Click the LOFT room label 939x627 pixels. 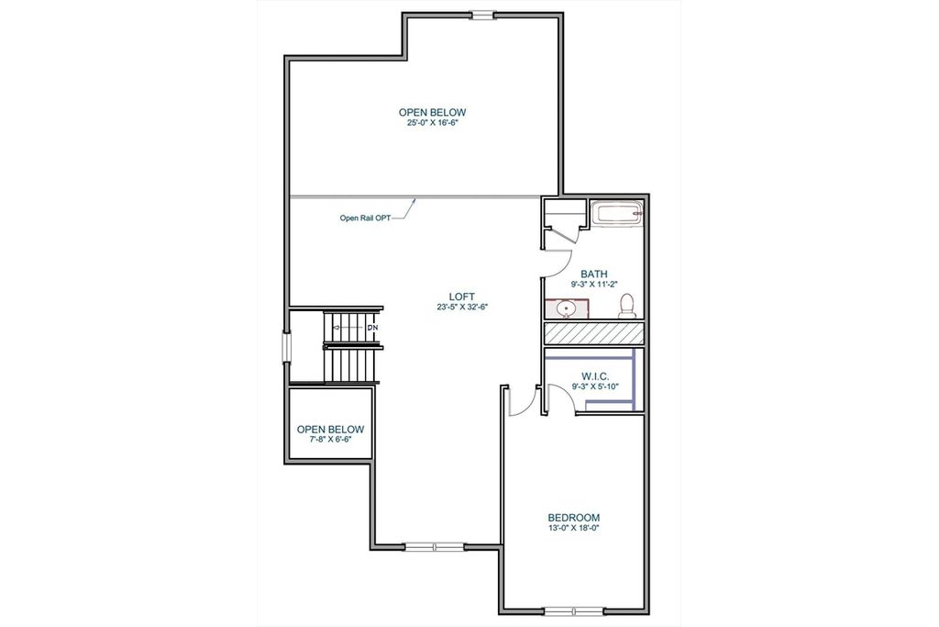(462, 297)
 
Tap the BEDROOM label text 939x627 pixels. (574, 518)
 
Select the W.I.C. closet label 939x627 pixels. (594, 376)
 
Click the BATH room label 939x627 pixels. (594, 274)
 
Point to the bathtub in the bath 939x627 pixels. (617, 214)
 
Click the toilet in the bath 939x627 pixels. (627, 306)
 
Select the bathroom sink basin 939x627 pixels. (565, 308)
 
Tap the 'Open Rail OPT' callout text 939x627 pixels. (365, 218)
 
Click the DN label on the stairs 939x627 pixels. (372, 328)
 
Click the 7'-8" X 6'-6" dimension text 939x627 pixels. (330, 440)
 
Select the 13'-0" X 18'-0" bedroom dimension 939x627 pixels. (574, 529)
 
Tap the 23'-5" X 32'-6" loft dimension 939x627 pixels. (462, 307)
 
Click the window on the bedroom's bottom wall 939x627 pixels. (574, 611)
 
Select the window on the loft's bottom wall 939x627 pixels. (436, 547)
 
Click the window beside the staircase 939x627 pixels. (287, 348)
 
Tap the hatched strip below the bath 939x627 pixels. (593, 333)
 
